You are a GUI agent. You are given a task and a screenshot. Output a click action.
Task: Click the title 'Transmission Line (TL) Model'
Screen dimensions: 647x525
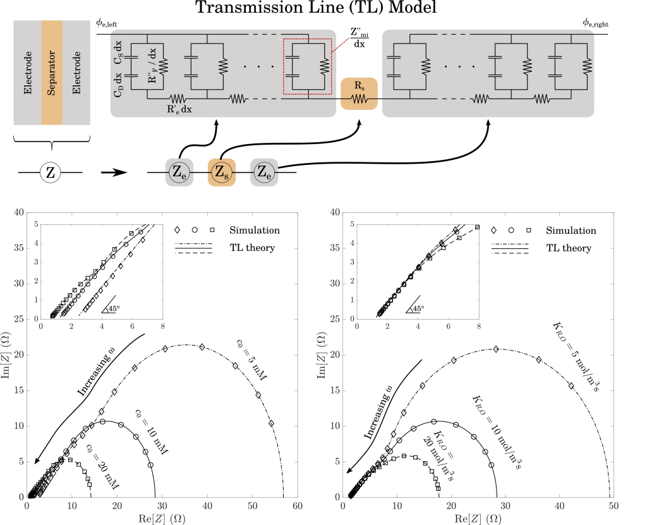pyautogui.click(x=316, y=8)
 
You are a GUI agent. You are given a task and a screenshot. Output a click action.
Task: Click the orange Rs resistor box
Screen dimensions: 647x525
pyautogui.click(x=359, y=94)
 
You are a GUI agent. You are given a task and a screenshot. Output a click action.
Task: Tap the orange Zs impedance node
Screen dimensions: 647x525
pyautogui.click(x=222, y=172)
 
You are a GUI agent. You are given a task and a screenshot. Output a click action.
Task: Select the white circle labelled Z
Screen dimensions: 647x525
pyautogui.click(x=51, y=172)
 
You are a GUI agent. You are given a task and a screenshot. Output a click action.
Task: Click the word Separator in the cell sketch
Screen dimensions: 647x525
pyautogui.click(x=52, y=73)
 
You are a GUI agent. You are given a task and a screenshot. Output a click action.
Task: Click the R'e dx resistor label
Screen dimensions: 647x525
pyautogui.click(x=179, y=109)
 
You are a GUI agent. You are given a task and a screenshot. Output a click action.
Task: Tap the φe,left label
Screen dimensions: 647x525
pyautogui.click(x=106, y=23)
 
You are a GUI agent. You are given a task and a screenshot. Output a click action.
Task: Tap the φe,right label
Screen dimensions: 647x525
pyautogui.click(x=595, y=23)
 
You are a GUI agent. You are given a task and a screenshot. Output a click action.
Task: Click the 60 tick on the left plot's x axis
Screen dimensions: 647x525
pyautogui.click(x=298, y=505)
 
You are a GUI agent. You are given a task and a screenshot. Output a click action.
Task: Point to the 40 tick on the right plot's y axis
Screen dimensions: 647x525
pyautogui.click(x=335, y=212)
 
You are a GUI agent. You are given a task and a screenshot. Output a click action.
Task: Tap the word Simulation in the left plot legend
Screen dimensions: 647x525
pyautogui.click(x=255, y=230)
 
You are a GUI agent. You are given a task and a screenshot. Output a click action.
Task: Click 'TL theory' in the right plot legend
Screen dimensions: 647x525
pyautogui.click(x=569, y=248)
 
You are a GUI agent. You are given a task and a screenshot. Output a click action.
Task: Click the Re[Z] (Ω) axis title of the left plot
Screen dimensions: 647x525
pyautogui.click(x=162, y=519)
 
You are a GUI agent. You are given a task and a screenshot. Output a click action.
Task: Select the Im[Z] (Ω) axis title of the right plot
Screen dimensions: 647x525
pyautogui.click(x=322, y=355)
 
